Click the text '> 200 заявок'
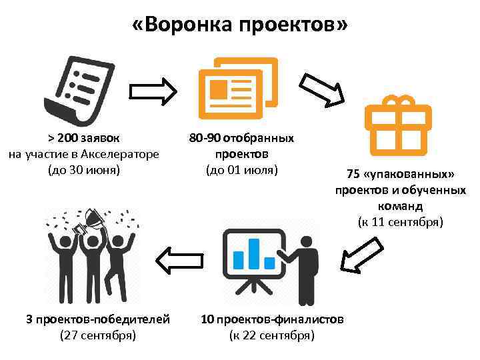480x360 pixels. pos(84,139)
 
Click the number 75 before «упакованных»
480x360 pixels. pos(353,175)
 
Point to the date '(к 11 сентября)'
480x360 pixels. pos(400,221)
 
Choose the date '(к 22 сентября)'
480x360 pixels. pos(271,335)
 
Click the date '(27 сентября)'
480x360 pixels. pos(98,335)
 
